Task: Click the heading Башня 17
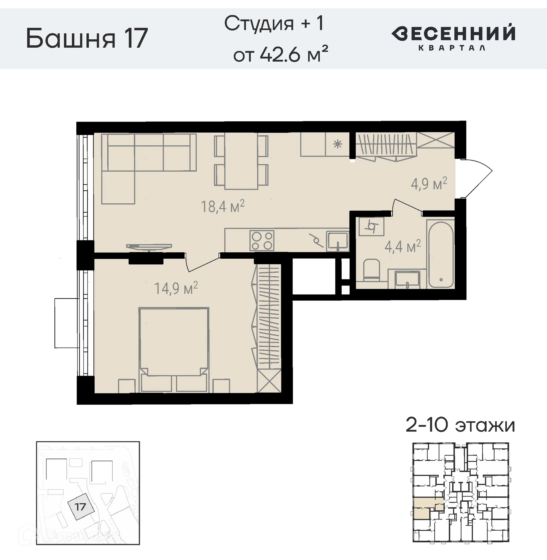pyautogui.click(x=87, y=38)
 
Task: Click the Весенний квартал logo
pyautogui.click(x=453, y=37)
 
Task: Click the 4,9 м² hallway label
pyautogui.click(x=429, y=184)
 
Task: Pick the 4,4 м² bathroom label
pyautogui.click(x=403, y=246)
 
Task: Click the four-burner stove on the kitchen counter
pyautogui.click(x=262, y=241)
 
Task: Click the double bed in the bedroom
pyautogui.click(x=174, y=345)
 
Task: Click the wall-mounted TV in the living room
pyautogui.click(x=149, y=247)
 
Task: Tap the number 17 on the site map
pyautogui.click(x=80, y=506)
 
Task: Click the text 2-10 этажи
pyautogui.click(x=460, y=425)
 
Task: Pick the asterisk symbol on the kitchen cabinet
pyautogui.click(x=338, y=144)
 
